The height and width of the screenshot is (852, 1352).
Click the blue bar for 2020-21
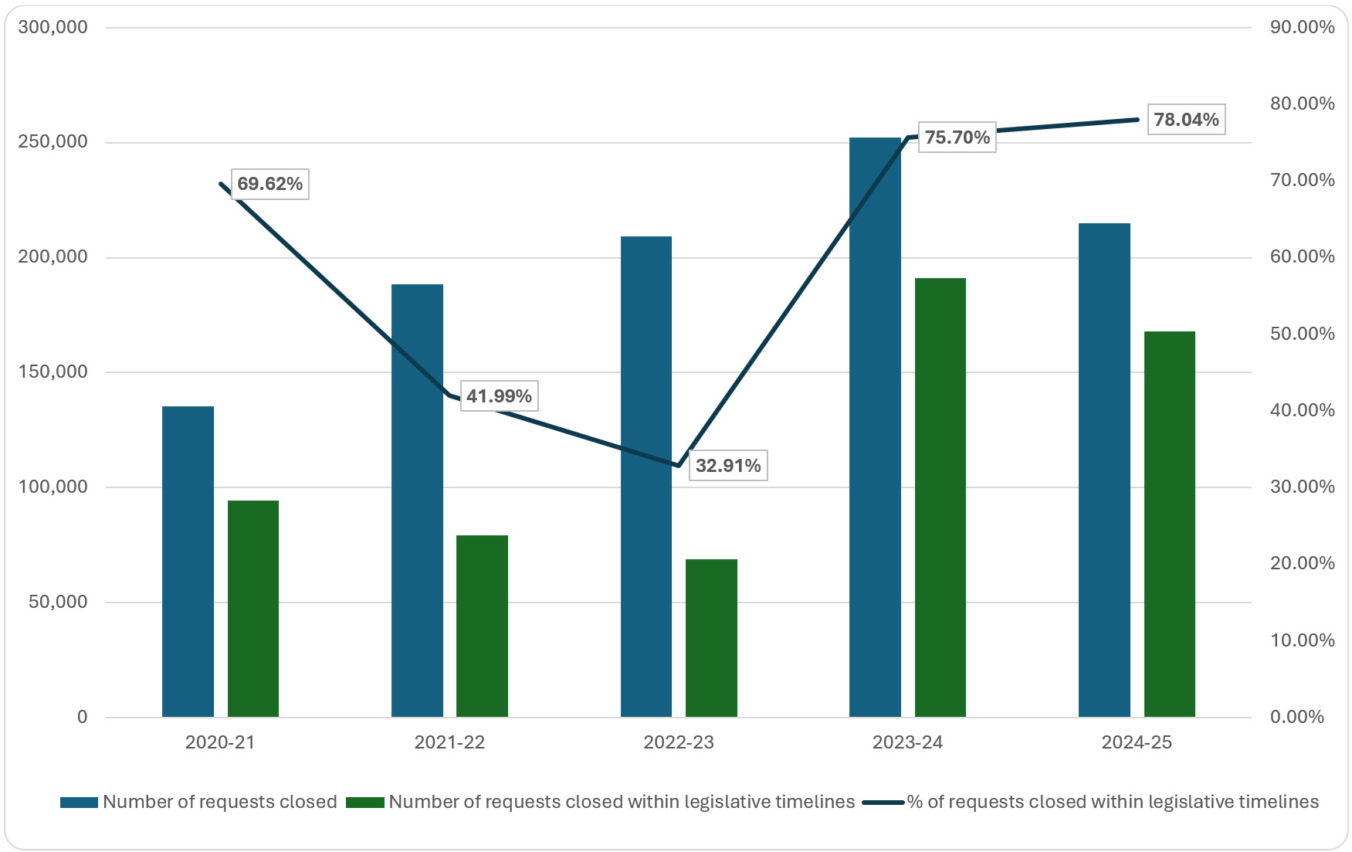click(188, 562)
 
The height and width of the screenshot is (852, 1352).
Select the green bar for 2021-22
click(482, 626)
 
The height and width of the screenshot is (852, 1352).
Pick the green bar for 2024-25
click(1169, 524)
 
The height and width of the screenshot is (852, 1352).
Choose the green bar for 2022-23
click(711, 638)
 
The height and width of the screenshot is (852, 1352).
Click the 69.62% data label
click(269, 184)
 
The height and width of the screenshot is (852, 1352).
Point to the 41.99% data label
click(499, 396)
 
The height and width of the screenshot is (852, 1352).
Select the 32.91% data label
click(727, 466)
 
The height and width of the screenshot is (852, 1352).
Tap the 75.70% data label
click(957, 137)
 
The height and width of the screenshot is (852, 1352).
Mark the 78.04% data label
click(1186, 120)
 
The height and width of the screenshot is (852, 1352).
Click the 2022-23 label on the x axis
click(678, 743)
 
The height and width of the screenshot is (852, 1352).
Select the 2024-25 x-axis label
click(1136, 743)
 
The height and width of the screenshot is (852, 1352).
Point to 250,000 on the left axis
click(53, 142)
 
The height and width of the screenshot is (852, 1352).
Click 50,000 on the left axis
click(58, 603)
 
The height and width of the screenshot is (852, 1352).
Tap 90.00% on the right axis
click(1302, 28)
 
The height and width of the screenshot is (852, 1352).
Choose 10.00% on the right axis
click(1302, 640)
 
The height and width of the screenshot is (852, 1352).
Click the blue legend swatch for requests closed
click(79, 803)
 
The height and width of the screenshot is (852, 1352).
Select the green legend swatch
click(364, 803)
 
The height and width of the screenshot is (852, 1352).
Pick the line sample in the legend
click(883, 803)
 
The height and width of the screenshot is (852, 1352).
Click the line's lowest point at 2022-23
click(678, 466)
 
